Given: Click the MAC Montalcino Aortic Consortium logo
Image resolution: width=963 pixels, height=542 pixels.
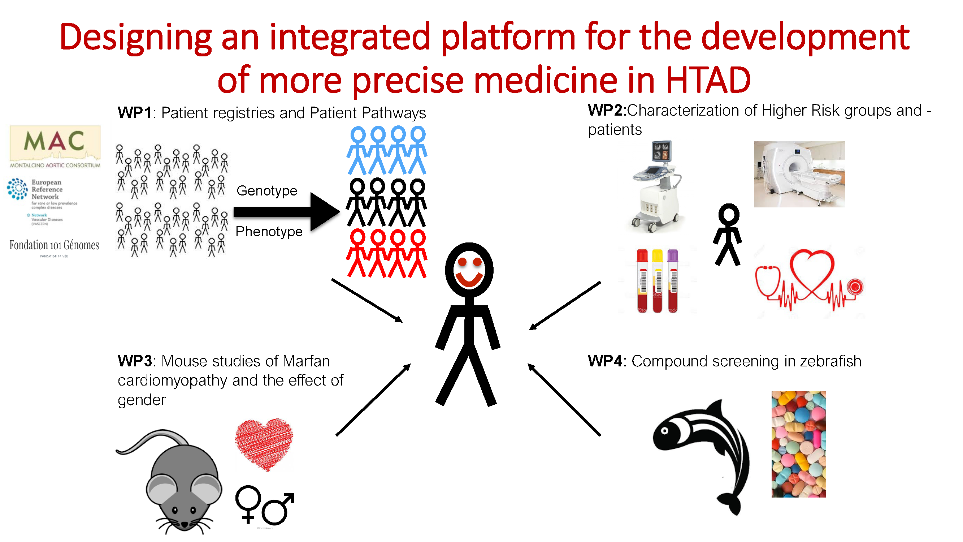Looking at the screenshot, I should (55, 147).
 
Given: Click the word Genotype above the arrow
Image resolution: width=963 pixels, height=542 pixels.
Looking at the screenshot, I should (266, 191).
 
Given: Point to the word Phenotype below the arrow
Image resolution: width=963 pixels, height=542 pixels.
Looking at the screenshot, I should (269, 232).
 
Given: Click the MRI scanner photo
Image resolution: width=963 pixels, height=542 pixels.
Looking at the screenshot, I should (799, 174).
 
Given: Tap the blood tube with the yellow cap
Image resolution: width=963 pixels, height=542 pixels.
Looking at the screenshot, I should (657, 280).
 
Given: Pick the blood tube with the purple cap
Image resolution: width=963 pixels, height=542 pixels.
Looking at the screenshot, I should (672, 280).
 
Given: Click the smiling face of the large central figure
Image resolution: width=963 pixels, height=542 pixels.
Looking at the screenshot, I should (469, 270).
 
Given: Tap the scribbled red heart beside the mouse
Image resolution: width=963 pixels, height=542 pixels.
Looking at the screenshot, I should (264, 443).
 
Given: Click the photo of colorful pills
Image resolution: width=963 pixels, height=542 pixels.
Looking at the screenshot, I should (798, 444).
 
